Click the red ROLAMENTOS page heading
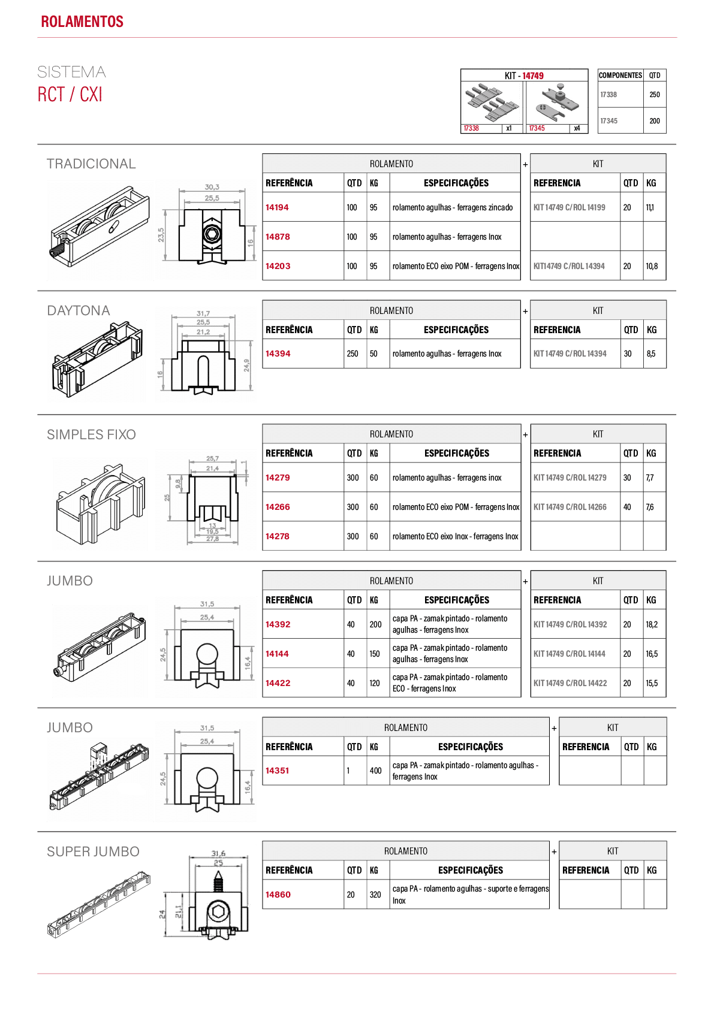(x=82, y=22)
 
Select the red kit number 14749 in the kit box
(x=533, y=75)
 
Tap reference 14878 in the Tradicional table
(x=278, y=237)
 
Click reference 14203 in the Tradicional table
(x=278, y=266)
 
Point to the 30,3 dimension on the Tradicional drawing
(x=212, y=187)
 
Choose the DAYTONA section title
(x=79, y=310)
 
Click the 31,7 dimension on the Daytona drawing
(x=203, y=313)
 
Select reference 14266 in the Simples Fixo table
(x=278, y=507)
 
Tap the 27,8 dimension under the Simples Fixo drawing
(x=212, y=539)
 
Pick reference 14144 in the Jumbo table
(x=277, y=654)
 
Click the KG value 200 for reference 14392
(x=375, y=624)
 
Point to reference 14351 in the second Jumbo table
(x=277, y=771)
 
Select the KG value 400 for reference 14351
(x=375, y=771)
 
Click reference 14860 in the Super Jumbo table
(x=278, y=895)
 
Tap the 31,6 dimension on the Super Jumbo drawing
(x=219, y=854)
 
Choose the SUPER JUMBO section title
(x=94, y=851)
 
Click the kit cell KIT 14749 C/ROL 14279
(x=570, y=478)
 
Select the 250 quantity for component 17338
(x=655, y=95)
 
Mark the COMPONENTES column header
(x=620, y=75)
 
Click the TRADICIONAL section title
(x=91, y=164)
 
